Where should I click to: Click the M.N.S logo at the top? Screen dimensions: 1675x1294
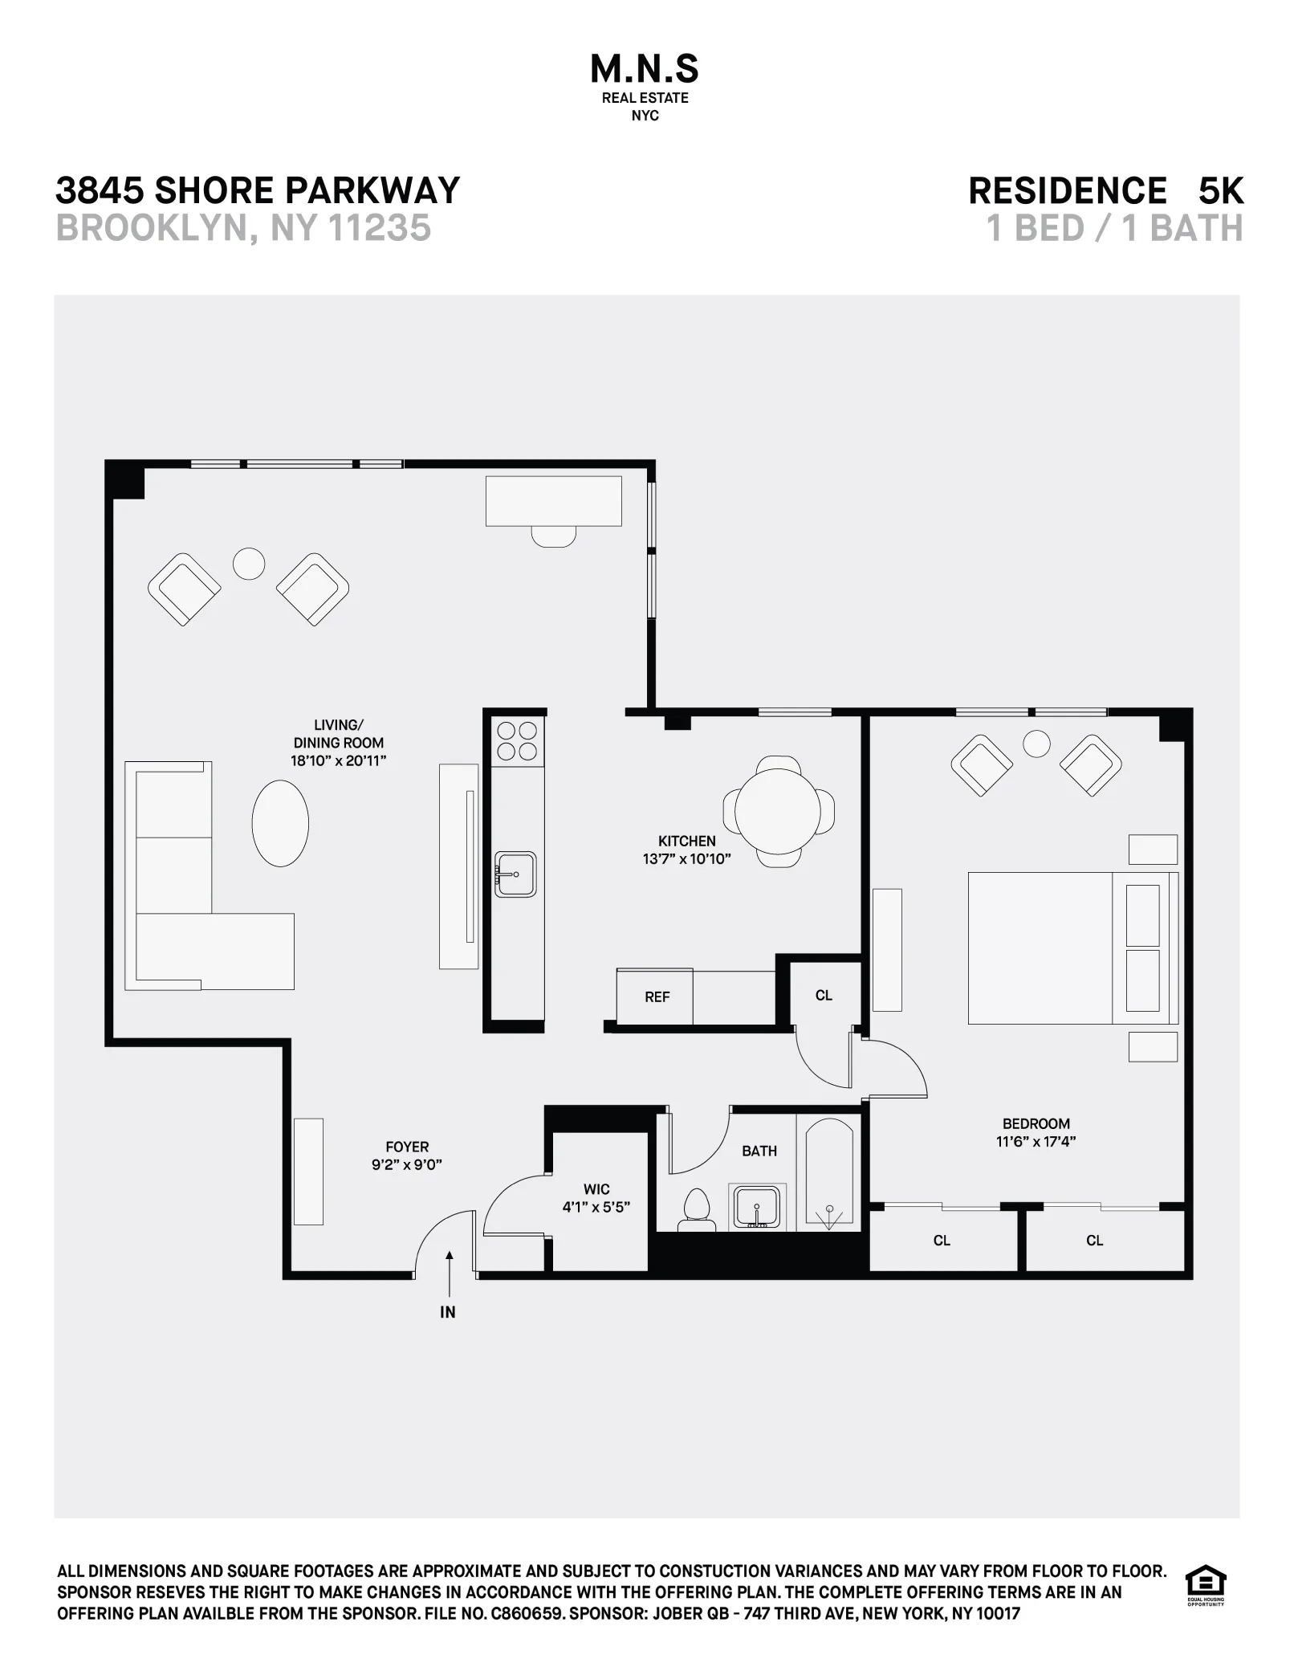(x=645, y=71)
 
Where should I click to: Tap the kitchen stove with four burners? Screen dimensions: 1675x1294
(x=517, y=740)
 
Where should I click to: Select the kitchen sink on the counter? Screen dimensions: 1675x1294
(x=515, y=874)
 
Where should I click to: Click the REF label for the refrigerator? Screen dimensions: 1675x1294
(x=657, y=997)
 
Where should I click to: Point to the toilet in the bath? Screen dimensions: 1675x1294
(x=696, y=1209)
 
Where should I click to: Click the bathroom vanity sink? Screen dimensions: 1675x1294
(x=756, y=1207)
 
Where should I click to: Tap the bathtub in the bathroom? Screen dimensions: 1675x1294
(x=828, y=1173)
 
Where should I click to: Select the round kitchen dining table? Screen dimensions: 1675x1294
(x=778, y=812)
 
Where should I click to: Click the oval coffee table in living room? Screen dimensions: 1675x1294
(x=280, y=823)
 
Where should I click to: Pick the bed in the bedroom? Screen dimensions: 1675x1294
(x=1060, y=948)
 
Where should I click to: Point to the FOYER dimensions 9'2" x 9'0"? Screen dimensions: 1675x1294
(x=407, y=1165)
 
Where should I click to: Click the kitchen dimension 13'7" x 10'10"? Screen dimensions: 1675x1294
(x=686, y=859)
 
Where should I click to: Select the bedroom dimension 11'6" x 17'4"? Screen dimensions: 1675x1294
(x=1036, y=1141)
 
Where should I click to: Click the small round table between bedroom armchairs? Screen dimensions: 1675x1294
(x=1037, y=744)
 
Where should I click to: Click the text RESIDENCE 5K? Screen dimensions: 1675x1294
(x=1105, y=191)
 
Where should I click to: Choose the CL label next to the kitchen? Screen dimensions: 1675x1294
(x=824, y=996)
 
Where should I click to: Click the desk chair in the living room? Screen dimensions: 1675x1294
(x=554, y=536)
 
